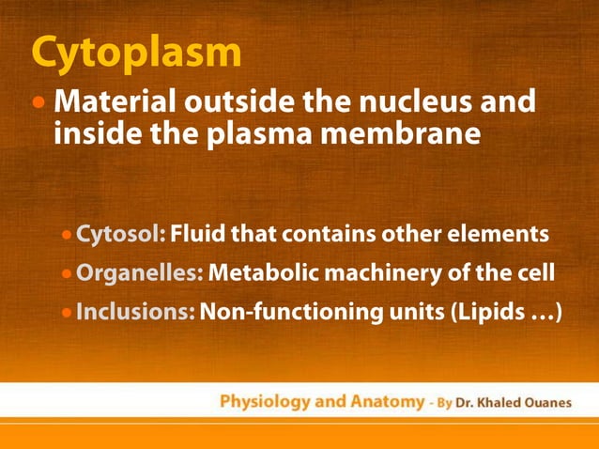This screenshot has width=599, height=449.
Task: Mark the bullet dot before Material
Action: [x=38, y=101]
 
